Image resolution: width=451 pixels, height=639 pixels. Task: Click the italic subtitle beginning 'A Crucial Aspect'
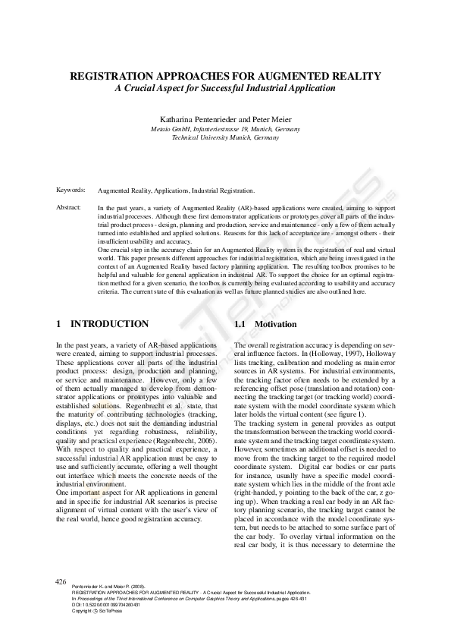coord(224,88)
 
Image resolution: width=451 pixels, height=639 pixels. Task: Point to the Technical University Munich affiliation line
coord(225,138)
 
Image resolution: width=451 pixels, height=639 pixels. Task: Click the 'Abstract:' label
coord(70,206)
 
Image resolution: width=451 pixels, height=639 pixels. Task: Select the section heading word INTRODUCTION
coord(110,324)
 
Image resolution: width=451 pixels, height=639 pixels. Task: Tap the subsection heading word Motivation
coord(276,324)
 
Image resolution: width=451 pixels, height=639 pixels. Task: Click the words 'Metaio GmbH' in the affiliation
coord(171,129)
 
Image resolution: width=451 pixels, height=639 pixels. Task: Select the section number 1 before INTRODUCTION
coord(59,324)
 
